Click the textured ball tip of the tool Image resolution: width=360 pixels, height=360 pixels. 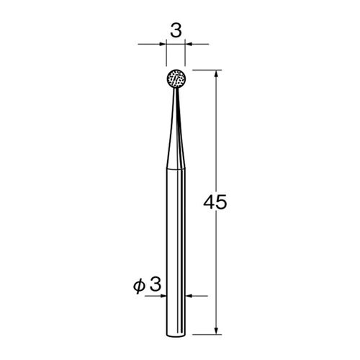[x=176, y=79]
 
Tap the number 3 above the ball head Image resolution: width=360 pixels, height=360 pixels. [x=176, y=31]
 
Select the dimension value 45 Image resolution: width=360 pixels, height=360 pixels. [x=215, y=202]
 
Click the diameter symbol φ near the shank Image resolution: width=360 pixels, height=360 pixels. [x=139, y=286]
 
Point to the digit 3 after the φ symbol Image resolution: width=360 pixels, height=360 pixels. [x=155, y=284]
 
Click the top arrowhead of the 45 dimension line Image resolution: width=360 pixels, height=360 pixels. [x=216, y=73]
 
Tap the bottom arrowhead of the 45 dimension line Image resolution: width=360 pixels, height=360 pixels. [x=216, y=330]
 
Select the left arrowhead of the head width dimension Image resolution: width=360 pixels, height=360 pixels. [x=163, y=44]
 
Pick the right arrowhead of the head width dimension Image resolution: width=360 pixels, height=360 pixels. [x=189, y=44]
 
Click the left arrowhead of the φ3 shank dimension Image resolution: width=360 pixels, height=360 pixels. [x=163, y=296]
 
